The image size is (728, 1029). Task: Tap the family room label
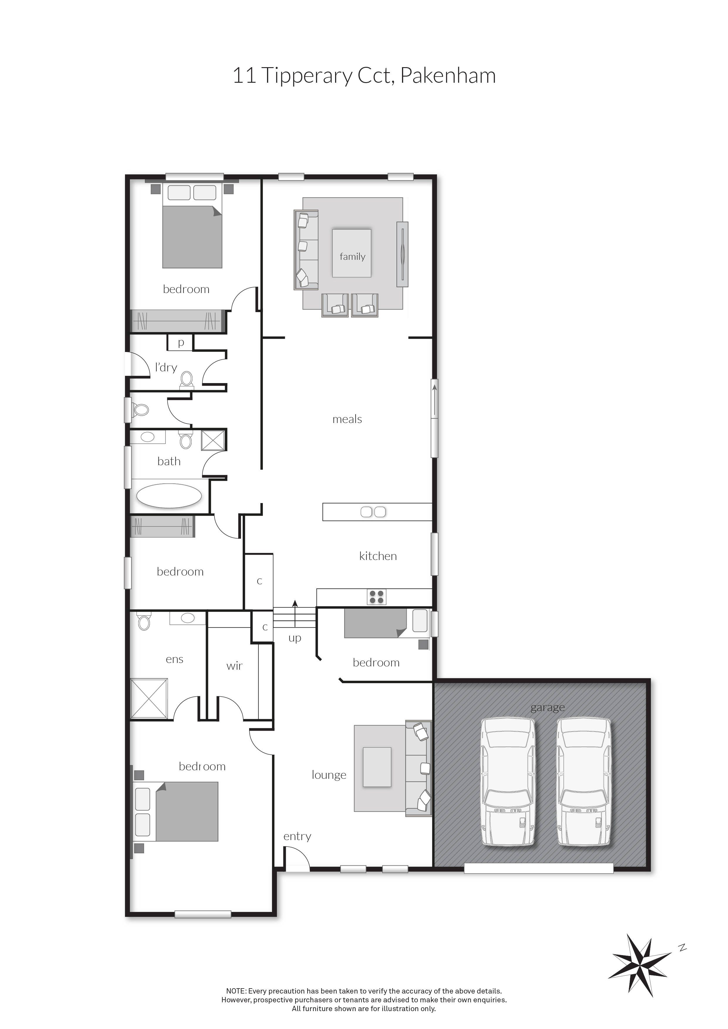[352, 257]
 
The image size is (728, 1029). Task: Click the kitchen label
[378, 556]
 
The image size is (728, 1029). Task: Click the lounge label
[329, 775]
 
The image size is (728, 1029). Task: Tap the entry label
[297, 836]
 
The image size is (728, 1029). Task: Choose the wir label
[234, 666]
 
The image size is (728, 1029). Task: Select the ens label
[174, 659]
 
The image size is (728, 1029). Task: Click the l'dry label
[166, 368]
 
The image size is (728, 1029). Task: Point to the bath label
[169, 461]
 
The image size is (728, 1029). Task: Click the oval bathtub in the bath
[169, 496]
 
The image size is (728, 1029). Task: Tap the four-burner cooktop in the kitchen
[376, 597]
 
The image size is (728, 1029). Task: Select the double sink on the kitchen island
[373, 512]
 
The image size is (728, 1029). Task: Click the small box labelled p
[181, 343]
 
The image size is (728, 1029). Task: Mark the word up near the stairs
[295, 638]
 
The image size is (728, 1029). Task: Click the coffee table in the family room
[352, 253]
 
